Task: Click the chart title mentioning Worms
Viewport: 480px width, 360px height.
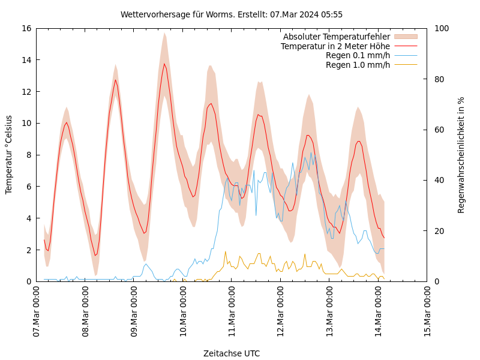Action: coord(231,14)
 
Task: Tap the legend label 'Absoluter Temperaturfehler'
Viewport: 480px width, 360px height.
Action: coord(336,37)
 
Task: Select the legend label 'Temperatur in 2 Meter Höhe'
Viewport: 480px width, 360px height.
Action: coord(335,46)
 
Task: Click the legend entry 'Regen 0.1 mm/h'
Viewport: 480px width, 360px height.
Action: coord(358,55)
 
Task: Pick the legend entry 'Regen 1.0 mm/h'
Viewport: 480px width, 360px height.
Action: coord(358,65)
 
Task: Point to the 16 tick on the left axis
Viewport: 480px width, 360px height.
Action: coord(25,28)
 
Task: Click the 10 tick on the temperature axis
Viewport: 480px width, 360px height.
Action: coord(25,123)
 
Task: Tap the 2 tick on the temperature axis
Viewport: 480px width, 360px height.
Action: coord(28,250)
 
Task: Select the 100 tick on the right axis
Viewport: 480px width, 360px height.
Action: coord(442,28)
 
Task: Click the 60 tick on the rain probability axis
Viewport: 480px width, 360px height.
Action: coord(439,130)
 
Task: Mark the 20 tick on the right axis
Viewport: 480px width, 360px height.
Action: coord(439,231)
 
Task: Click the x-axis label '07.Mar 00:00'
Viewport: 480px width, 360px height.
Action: coord(36,312)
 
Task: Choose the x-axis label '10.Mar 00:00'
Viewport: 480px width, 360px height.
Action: coord(183,312)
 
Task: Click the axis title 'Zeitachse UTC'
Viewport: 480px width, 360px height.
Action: coord(231,353)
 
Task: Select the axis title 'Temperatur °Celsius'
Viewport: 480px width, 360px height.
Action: coord(9,155)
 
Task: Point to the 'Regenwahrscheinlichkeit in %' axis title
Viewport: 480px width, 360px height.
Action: coord(461,155)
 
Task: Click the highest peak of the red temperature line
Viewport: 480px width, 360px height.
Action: coord(164,64)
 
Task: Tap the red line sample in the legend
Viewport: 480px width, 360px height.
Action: coord(406,46)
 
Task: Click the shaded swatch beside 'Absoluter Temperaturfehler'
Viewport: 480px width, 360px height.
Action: coord(406,37)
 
